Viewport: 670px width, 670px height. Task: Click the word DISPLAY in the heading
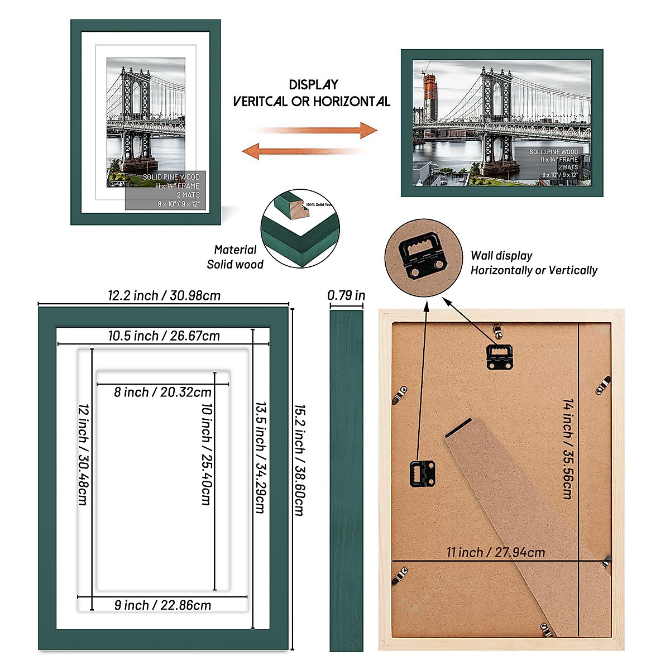coord(314,85)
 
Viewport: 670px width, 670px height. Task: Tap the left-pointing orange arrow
coord(304,151)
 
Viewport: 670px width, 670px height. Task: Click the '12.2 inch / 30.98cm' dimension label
coord(164,295)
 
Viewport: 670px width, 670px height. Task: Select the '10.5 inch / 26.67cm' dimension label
coord(164,336)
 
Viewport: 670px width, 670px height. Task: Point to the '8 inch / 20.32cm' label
coord(162,392)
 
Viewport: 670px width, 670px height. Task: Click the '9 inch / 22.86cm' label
coord(162,605)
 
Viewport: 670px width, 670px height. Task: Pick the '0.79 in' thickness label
coord(346,295)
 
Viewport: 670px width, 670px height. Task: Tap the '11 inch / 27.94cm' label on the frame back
coord(495,552)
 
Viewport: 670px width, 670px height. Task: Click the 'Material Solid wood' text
coord(235,257)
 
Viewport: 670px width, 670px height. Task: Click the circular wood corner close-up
coord(300,229)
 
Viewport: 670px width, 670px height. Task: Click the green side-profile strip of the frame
coord(346,480)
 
